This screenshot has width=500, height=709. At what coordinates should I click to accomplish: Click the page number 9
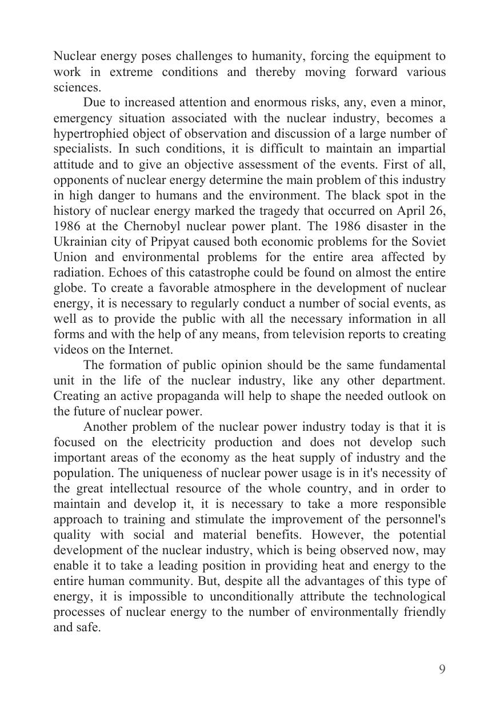coord(442,670)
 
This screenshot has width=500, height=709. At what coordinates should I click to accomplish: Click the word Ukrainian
coord(81,242)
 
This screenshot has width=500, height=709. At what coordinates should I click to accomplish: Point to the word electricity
coord(183,442)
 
